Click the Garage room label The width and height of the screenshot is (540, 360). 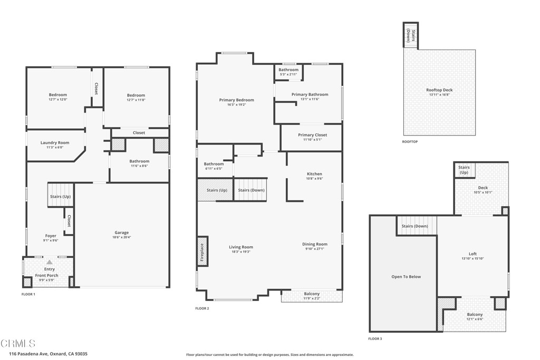pos(121,232)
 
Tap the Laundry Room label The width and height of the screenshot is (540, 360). pos(55,143)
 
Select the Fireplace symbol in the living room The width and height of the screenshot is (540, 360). pos(202,250)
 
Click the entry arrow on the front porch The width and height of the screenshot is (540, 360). pos(49,262)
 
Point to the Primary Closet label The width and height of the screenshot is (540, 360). pos(312,135)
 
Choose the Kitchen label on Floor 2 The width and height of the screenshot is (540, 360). pos(314,174)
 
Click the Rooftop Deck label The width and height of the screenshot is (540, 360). pos(439,90)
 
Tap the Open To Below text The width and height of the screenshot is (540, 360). pos(406,277)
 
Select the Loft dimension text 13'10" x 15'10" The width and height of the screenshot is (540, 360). pos(472,258)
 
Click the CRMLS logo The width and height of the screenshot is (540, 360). pos(18,343)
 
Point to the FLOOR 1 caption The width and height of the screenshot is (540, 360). pos(28,294)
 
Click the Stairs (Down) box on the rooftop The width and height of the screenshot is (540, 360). pos(410,35)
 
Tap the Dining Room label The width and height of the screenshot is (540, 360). pos(315,244)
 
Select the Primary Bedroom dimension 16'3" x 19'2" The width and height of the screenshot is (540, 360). pos(236,104)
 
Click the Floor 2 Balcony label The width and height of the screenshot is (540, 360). pos(312,294)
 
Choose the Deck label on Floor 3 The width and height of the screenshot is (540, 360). pos(483,188)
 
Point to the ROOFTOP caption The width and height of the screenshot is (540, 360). pos(410,141)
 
